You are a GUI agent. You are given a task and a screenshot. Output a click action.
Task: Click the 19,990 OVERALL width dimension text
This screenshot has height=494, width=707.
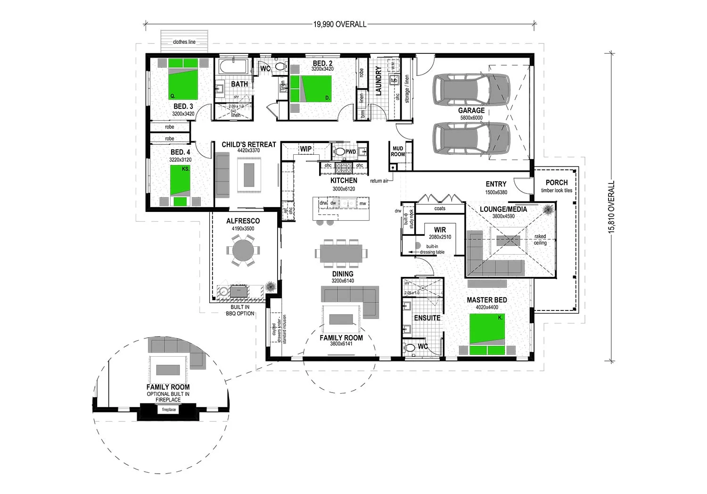coord(340,24)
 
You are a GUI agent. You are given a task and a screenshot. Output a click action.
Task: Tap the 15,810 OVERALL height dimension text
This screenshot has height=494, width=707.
coord(612,207)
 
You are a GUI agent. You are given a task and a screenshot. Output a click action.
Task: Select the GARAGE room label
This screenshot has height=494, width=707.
coord(471,110)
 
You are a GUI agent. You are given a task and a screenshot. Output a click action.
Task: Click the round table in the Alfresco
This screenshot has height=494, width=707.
coord(243,250)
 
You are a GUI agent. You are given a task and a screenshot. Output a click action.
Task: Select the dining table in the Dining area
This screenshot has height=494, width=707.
coord(341,253)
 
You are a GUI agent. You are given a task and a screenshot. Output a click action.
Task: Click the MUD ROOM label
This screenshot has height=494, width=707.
coord(398,151)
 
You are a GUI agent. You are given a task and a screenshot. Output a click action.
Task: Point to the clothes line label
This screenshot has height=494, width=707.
coord(184,42)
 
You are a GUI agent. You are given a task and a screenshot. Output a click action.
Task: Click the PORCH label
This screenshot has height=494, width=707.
coord(556,183)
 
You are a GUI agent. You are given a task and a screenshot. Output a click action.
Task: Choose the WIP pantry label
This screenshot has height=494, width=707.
coord(305,149)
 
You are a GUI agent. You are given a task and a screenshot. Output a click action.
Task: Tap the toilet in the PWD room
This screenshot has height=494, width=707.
coord(339,152)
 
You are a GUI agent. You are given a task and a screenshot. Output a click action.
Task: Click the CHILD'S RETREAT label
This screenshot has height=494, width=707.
coord(248,144)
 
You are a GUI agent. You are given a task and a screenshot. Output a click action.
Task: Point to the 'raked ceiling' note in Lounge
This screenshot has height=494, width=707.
coord(540,240)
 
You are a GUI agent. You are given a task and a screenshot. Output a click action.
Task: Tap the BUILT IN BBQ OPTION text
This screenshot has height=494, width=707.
coord(240,310)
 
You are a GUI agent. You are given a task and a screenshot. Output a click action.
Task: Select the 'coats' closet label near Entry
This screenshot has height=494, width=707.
coord(439,208)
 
